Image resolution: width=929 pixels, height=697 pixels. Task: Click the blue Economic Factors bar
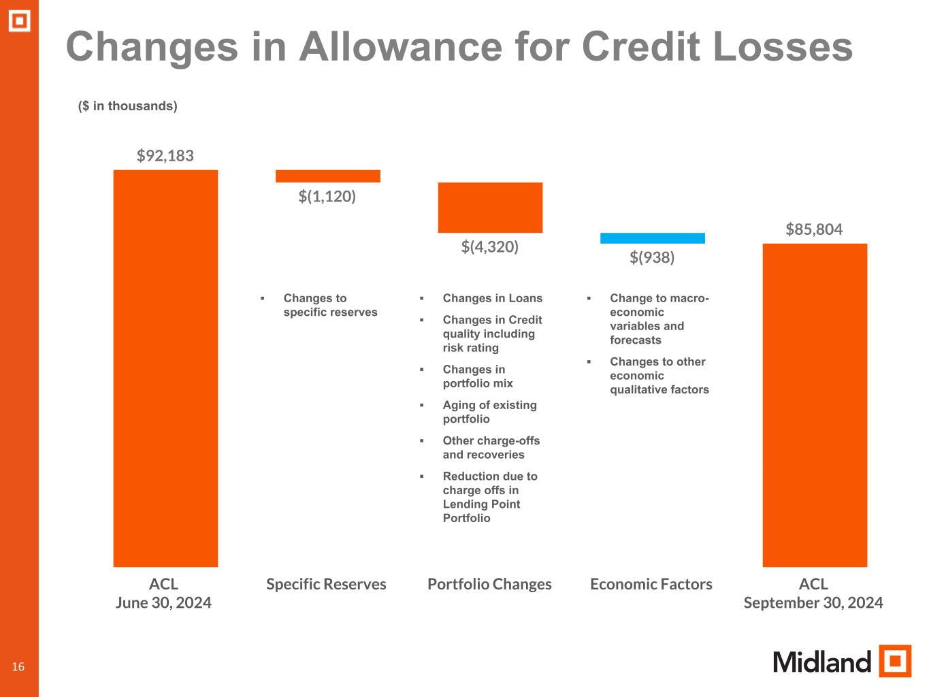(x=652, y=238)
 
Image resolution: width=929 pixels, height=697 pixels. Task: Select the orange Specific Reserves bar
(x=327, y=176)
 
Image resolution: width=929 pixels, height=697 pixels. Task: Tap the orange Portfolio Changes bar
(x=490, y=208)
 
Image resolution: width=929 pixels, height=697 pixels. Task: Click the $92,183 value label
(x=165, y=156)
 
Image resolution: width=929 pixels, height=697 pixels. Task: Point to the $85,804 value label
(x=814, y=229)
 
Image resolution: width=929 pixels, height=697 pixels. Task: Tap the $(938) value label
(x=652, y=257)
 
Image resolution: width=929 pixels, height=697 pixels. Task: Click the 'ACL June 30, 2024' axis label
(x=163, y=594)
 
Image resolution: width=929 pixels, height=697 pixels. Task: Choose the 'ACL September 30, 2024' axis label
(x=813, y=594)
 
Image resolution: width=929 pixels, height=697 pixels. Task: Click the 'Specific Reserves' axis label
(x=326, y=584)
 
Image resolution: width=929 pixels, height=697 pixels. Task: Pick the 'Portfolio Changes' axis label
(x=489, y=584)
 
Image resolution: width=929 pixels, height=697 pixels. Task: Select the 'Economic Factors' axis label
(x=651, y=584)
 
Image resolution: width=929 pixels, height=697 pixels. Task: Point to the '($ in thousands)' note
(x=128, y=106)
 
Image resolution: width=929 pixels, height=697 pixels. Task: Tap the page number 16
(x=18, y=666)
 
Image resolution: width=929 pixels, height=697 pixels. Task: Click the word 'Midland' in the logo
(x=821, y=662)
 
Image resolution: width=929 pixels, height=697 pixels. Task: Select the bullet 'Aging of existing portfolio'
(x=489, y=412)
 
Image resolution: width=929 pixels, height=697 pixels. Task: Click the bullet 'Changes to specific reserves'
(x=330, y=305)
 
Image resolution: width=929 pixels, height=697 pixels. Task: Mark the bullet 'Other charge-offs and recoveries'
(x=491, y=447)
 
